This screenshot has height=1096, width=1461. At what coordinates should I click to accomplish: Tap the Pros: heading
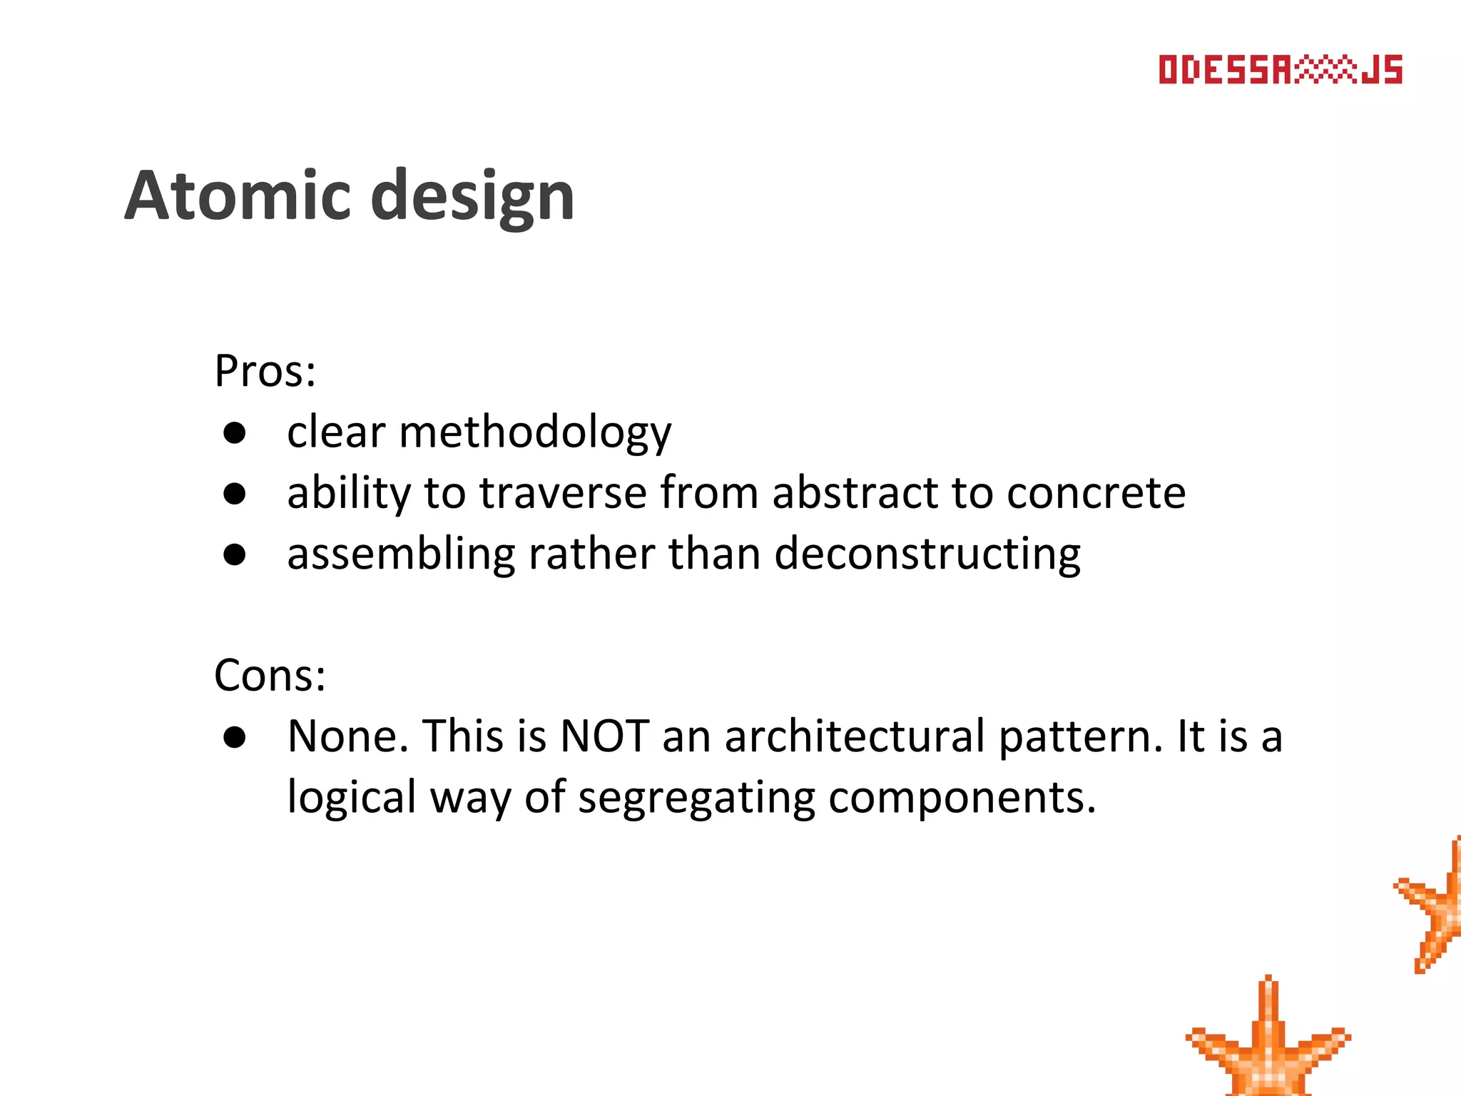coord(265,372)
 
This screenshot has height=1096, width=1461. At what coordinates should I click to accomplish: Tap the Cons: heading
coord(270,675)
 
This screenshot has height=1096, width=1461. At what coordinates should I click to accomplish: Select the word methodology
coord(535,433)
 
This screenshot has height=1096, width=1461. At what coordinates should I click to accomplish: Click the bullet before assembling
coord(235,554)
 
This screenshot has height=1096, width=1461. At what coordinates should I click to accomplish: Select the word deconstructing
coord(927,554)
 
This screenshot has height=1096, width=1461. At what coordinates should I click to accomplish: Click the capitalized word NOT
coord(605,736)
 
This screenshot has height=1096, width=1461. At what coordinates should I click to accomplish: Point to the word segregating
coord(696,798)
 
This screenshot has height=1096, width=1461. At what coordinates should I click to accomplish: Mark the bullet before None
coord(235,736)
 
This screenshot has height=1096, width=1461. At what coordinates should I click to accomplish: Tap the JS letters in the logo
coord(1382,70)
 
